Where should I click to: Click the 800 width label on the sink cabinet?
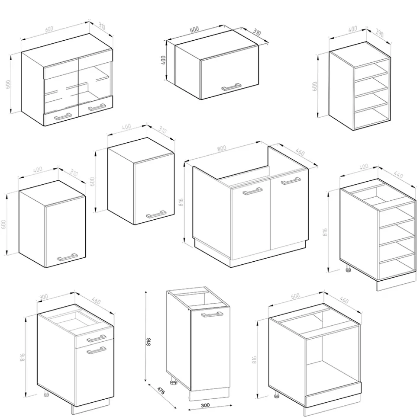pos(222,148)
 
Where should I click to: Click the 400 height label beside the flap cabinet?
pos(163,60)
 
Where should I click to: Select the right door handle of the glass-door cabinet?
pos(97,106)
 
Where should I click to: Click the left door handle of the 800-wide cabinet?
pos(252,191)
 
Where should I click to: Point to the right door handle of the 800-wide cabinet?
pos(291,181)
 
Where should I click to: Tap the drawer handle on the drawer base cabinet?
pos(96,337)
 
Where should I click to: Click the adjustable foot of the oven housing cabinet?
pos(276,394)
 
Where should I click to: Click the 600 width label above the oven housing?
pos(295,296)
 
